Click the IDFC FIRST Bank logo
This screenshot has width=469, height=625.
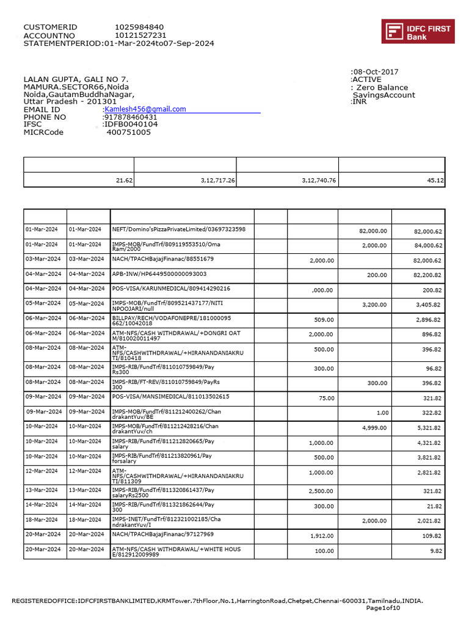click(x=418, y=31)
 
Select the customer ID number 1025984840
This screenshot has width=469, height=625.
click(x=139, y=27)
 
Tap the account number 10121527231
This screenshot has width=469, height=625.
click(x=140, y=35)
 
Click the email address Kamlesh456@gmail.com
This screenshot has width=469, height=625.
click(x=145, y=109)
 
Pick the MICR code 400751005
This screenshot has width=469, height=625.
click(x=128, y=132)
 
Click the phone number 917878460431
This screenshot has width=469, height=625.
click(x=131, y=117)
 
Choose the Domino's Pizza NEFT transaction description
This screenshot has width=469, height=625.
click(x=179, y=229)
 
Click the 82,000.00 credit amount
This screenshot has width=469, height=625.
click(x=372, y=231)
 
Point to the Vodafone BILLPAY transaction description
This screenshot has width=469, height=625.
click(x=172, y=321)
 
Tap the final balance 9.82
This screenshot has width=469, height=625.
click(x=435, y=551)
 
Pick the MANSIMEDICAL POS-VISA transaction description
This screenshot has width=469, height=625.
click(x=171, y=397)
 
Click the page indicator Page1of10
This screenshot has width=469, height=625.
click(x=383, y=608)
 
